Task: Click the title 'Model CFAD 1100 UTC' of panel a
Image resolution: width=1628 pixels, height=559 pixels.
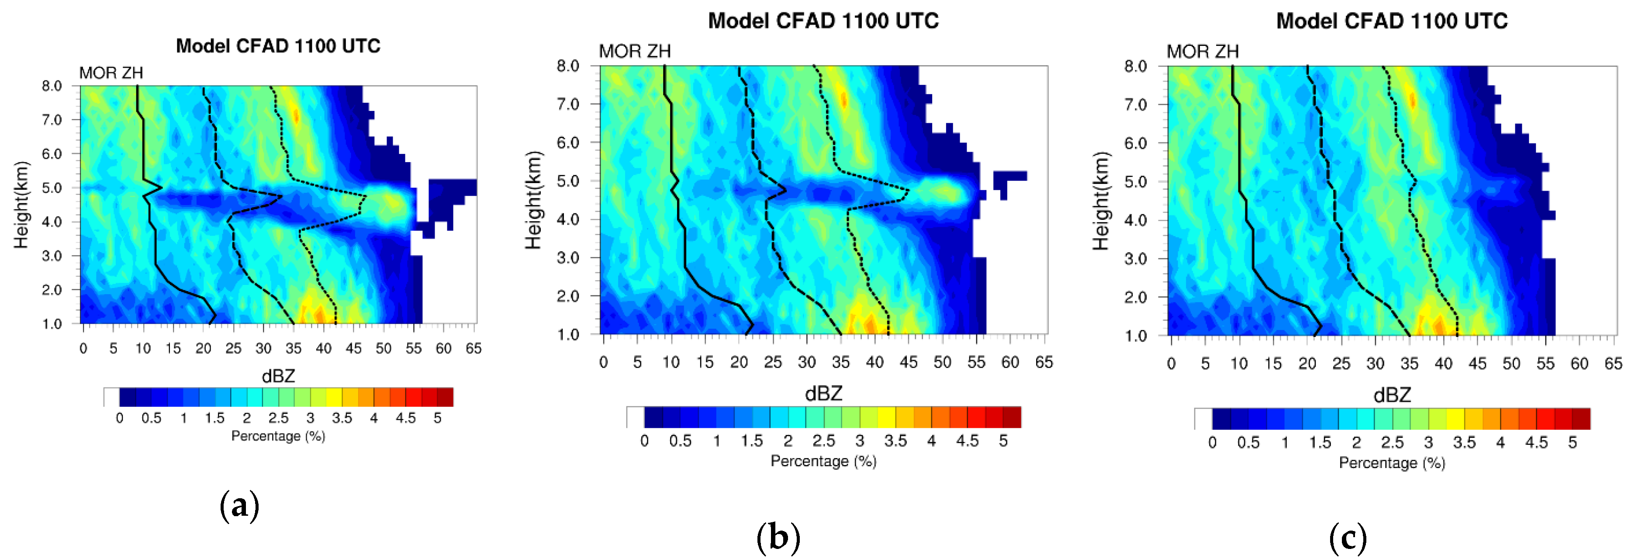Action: point(278,46)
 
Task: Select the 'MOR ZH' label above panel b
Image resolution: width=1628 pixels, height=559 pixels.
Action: point(635,51)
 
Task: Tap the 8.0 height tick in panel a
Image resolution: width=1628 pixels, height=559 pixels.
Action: point(52,86)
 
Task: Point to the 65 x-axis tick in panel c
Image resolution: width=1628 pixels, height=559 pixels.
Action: point(1613,364)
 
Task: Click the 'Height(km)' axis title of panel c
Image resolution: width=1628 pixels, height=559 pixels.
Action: point(1100,201)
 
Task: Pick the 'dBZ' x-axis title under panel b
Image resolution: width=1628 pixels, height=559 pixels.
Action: point(823,394)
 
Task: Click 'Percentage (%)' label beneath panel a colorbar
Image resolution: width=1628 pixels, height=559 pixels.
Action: point(278,436)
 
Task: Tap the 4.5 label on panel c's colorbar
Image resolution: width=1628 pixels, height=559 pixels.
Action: point(1536,443)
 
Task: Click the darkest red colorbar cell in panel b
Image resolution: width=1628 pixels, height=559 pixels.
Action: point(1012,417)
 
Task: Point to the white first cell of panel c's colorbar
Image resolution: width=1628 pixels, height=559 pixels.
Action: point(1203,419)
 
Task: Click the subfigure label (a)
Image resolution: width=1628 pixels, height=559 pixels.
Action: point(239,506)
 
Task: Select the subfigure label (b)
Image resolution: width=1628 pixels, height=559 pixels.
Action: point(778,538)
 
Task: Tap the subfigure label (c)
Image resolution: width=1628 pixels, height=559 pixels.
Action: point(1348,538)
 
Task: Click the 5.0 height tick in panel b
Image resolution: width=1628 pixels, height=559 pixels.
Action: point(567,181)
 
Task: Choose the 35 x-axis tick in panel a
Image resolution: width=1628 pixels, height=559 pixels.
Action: point(293,348)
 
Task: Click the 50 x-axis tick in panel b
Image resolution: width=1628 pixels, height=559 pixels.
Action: point(942,362)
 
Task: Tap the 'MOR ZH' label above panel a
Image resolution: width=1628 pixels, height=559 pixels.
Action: point(111,73)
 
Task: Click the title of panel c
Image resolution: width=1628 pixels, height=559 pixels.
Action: point(1392,21)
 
